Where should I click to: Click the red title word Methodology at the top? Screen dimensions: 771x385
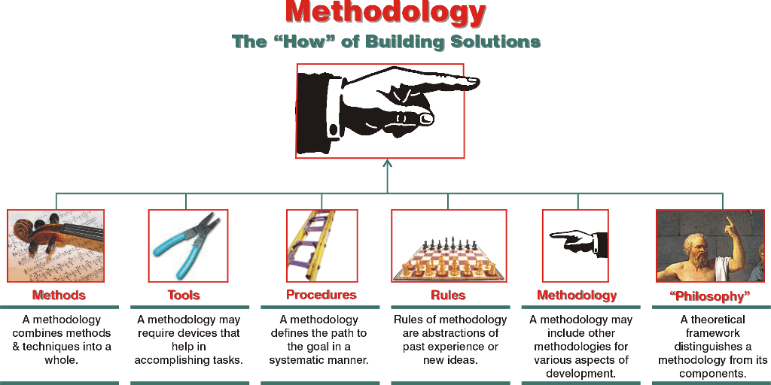coord(385,13)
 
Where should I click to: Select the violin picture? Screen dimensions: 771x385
coord(56,245)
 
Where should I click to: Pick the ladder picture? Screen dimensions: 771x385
coord(311,245)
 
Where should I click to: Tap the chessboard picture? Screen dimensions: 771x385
coord(449,245)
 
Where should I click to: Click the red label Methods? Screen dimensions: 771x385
coord(59,296)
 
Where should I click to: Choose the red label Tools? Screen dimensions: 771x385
coord(184,296)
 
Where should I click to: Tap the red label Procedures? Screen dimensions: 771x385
coord(321,295)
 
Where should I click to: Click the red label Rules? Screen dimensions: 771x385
coord(448,296)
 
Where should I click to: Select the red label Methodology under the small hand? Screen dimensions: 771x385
coord(577,295)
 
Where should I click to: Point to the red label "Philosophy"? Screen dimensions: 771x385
coord(710,296)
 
